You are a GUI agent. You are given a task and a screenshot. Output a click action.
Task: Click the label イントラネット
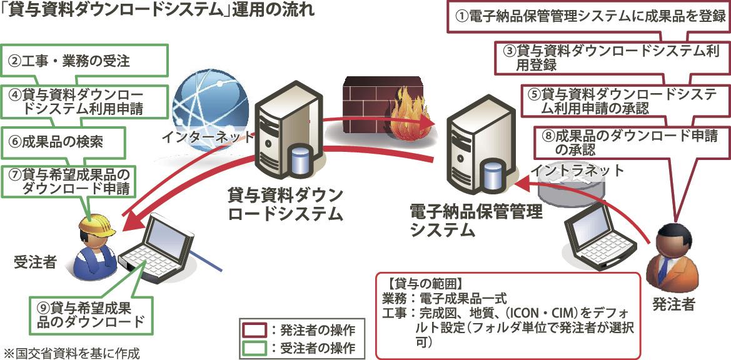[x=577, y=169]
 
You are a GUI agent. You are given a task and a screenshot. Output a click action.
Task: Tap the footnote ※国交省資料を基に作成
[x=72, y=352]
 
